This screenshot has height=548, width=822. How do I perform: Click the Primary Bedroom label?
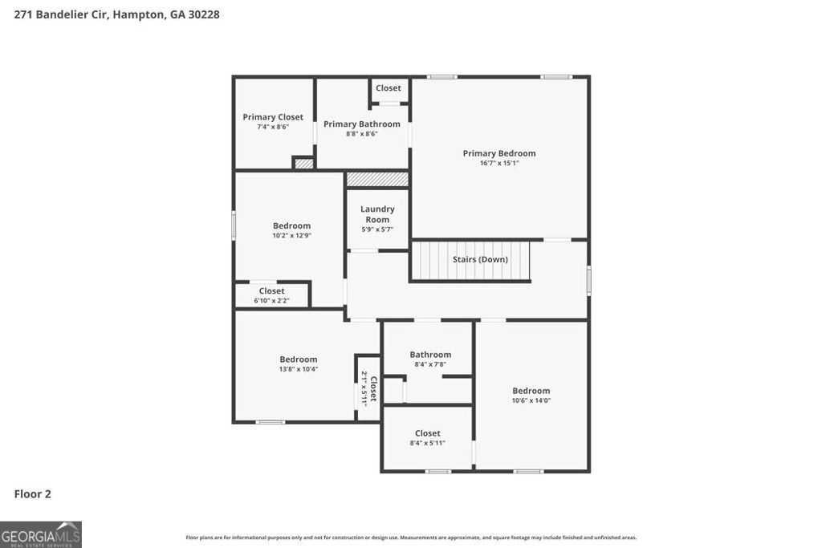498,153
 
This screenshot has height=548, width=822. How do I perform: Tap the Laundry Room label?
377,214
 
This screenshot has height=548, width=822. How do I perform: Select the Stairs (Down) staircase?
471,260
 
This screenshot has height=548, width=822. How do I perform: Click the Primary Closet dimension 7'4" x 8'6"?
273,127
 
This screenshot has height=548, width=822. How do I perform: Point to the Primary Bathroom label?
362,124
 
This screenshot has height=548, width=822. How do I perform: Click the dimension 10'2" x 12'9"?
291,235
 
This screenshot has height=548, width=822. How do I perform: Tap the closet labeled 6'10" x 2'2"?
271,295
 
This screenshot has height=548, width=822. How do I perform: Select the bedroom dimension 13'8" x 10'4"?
298,369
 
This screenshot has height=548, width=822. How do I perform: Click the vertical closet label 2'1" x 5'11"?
368,388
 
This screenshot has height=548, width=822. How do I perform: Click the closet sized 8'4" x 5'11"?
427,438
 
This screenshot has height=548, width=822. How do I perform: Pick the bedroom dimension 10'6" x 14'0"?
531,400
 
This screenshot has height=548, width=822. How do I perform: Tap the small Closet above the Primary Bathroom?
389,88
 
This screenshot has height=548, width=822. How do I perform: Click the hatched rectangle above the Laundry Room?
377,179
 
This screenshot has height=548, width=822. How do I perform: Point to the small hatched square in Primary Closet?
303,164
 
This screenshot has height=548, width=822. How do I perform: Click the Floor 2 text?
32,494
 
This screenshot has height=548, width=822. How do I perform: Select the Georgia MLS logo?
41,534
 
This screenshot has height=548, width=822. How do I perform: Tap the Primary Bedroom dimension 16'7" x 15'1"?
498,163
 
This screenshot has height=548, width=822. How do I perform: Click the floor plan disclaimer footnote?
411,538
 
